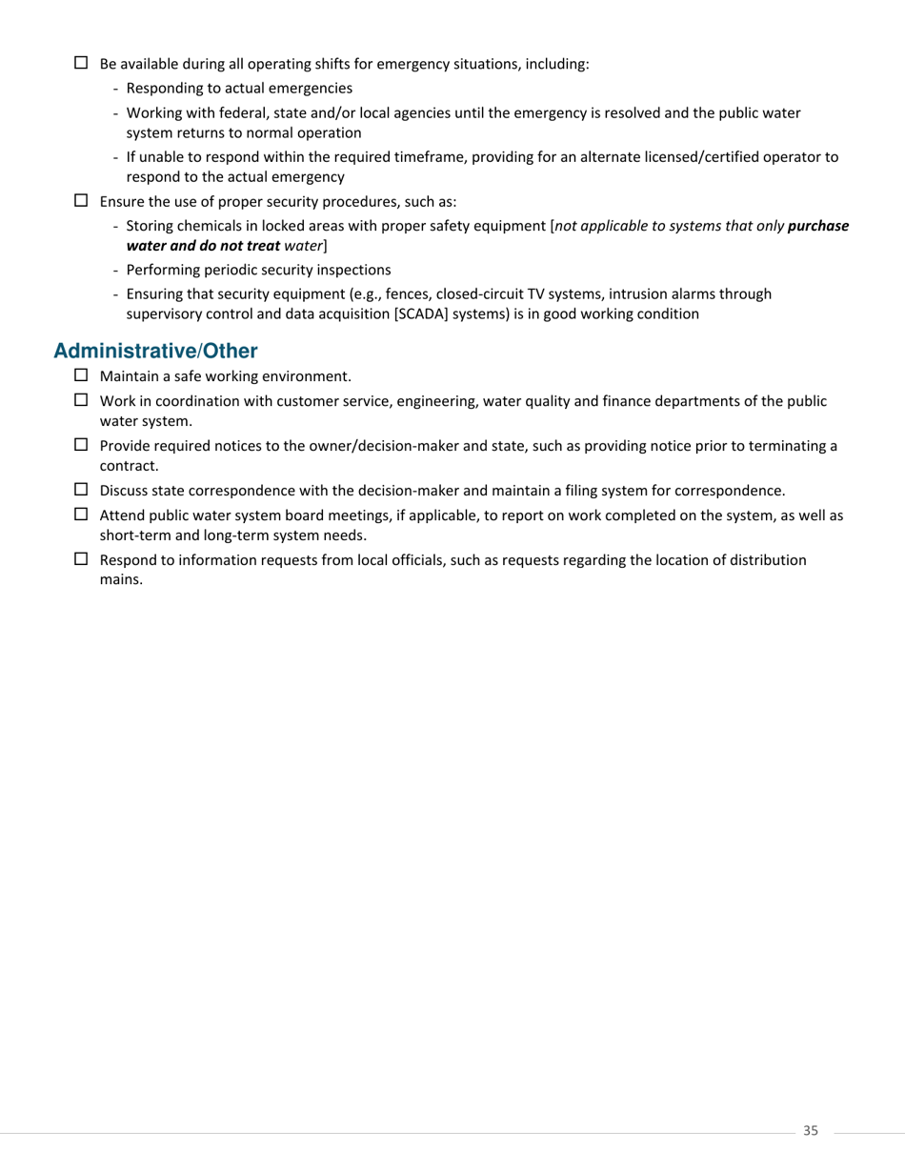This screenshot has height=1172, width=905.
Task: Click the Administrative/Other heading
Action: (x=155, y=351)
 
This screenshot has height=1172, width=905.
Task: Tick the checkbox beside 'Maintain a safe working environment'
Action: (x=81, y=375)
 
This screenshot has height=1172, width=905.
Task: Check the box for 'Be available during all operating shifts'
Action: (x=81, y=63)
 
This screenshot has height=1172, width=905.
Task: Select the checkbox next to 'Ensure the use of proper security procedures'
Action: (x=81, y=201)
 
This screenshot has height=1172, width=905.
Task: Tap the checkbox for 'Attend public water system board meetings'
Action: (x=81, y=515)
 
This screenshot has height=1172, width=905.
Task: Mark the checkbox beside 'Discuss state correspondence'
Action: (x=81, y=490)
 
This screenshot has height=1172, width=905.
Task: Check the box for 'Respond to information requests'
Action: (x=81, y=559)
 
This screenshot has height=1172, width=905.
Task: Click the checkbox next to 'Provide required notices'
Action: (x=81, y=445)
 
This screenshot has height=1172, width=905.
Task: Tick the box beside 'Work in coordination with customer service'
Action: (x=81, y=400)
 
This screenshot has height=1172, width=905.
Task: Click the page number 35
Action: (x=811, y=1130)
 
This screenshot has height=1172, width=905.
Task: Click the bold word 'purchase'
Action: (x=818, y=227)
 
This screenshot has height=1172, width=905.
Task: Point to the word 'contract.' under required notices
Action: (x=129, y=466)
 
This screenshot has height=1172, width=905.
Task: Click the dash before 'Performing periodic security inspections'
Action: (x=116, y=271)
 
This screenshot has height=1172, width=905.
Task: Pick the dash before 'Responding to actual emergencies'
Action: (x=116, y=89)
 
